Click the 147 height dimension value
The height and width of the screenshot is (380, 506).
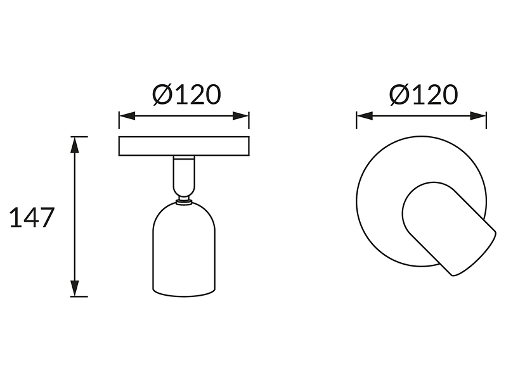(31, 218)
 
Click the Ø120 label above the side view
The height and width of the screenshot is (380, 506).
(186, 94)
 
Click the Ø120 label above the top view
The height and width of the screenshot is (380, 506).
(424, 94)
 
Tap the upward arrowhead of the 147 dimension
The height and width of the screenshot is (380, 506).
(75, 144)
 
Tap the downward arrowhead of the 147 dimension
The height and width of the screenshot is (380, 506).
(75, 288)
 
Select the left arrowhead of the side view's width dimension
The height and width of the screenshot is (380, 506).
(127, 116)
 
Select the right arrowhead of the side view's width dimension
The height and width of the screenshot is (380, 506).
(241, 116)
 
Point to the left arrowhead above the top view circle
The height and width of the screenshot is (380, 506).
(365, 116)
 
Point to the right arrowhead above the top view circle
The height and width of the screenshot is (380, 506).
(478, 116)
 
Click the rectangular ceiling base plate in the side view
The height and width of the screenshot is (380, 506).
(184, 146)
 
